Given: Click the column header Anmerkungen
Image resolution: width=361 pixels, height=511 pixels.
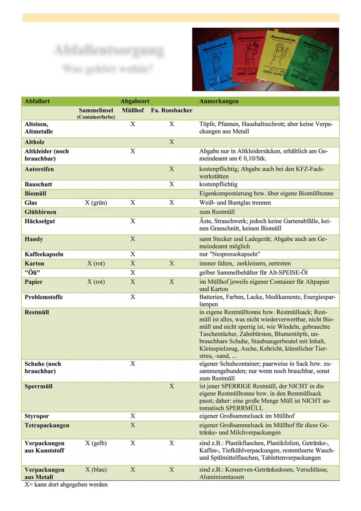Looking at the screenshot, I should tap(219, 101).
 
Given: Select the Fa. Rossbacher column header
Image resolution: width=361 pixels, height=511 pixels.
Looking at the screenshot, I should tap(171, 110).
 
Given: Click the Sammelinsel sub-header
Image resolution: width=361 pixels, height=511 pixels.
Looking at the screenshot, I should tap(96, 110).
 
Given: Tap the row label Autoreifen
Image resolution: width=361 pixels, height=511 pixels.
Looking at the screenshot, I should tap(39, 169).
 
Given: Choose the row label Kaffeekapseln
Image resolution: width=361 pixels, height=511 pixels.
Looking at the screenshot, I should tap(44, 254).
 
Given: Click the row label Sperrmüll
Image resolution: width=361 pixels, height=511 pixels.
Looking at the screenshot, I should tap(38, 386).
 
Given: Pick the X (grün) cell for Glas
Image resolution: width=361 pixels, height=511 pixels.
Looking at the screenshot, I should tap(96, 203).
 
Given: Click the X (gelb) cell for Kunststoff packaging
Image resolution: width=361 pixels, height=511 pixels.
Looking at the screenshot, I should tap(96, 443).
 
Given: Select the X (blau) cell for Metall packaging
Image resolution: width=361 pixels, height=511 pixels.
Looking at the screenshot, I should tap(96, 470).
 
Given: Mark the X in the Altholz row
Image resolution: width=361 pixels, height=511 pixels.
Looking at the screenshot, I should tap(172, 142).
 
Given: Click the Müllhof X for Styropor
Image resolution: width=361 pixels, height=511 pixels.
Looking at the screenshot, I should tap(133, 416).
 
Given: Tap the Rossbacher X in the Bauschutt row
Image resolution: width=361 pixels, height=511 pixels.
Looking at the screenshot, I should tap(172, 184).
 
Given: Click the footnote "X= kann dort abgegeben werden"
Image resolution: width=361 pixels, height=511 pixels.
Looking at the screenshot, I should tap(66, 485).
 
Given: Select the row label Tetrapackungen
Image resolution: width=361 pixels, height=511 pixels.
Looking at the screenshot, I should tap(47, 426).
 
